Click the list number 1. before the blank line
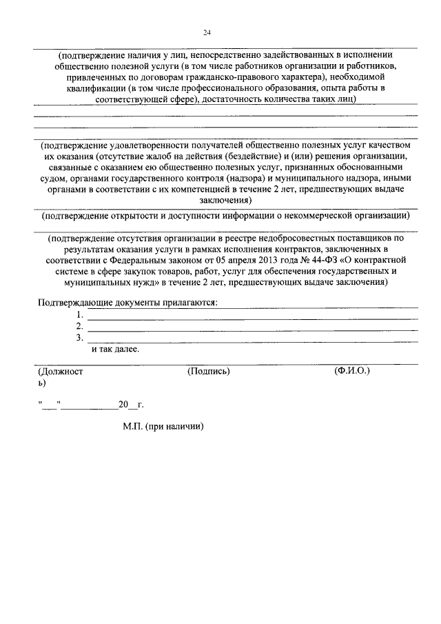coord(81,315)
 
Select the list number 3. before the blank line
coord(81,338)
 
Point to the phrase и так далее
coord(115,349)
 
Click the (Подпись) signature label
coord(208,371)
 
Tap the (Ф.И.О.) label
coord(351,371)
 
